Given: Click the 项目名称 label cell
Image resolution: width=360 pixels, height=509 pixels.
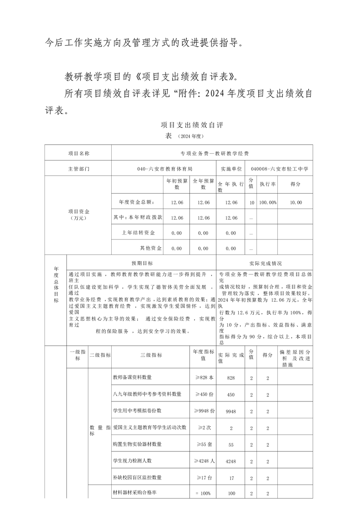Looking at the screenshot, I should pos(79,153).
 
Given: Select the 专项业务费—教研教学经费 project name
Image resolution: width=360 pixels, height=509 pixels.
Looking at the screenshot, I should pos(212,153).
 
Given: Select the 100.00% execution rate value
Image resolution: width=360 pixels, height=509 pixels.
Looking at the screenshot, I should pos(268,202).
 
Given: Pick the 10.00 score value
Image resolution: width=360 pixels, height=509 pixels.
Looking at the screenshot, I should pos(296,202).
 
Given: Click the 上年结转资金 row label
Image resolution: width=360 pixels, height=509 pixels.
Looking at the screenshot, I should pos(138,233).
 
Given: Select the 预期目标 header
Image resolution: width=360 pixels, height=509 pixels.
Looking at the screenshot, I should pos(142,263).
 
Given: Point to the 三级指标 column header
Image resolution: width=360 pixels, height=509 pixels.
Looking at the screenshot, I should pos(151,355).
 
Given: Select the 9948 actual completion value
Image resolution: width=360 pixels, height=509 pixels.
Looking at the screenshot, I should pos(231,411).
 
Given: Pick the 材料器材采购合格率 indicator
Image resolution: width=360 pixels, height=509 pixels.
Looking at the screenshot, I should pos(135,493).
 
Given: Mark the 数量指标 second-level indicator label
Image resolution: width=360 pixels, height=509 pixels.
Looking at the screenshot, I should pos(100,431).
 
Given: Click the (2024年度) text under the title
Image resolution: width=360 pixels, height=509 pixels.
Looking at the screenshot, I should pos(189,136).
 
